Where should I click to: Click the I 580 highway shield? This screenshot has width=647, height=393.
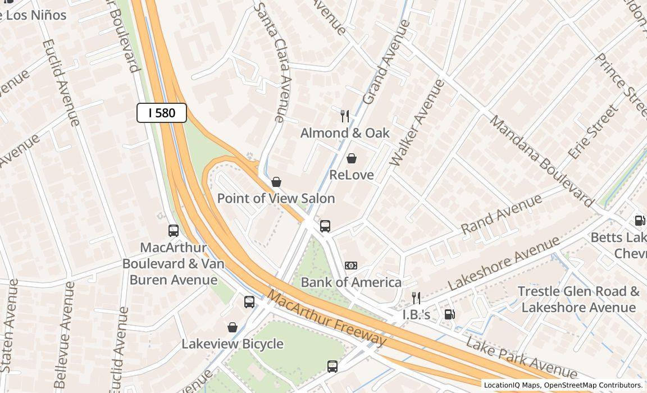[162, 113]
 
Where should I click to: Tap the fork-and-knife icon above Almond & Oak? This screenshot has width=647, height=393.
[345, 116]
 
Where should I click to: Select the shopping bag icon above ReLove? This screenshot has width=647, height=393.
[352, 158]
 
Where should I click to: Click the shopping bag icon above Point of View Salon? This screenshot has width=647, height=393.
[276, 182]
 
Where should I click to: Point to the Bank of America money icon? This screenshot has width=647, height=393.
[351, 266]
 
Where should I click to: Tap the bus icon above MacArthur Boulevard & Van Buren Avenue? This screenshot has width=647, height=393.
[174, 230]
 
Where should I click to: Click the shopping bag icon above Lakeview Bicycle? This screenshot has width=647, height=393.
[233, 327]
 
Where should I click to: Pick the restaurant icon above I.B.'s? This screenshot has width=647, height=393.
[416, 298]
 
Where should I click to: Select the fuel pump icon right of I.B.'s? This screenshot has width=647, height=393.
[449, 314]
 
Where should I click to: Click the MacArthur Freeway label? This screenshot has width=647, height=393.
[327, 318]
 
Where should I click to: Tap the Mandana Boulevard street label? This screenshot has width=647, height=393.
[541, 161]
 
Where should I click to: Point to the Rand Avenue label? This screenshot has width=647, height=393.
[502, 214]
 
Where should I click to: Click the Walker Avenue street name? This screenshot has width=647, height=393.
[417, 123]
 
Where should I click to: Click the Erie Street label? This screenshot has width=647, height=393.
[593, 131]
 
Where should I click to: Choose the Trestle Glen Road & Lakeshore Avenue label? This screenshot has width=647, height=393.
[578, 299]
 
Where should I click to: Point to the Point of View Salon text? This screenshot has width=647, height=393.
[276, 198]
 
